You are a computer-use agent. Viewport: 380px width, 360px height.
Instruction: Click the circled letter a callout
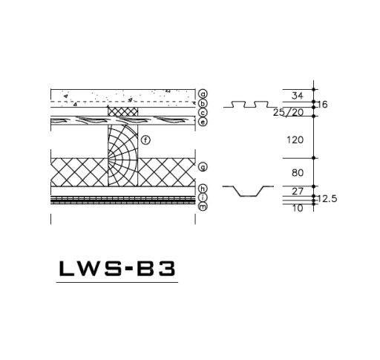203,94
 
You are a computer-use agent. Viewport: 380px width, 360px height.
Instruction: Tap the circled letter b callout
203,104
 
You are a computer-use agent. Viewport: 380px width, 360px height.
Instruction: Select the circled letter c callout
203,113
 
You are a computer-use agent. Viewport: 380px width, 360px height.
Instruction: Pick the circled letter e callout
203,122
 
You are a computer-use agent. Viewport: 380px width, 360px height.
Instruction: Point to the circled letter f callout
145,140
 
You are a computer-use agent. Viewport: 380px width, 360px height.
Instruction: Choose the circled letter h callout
203,189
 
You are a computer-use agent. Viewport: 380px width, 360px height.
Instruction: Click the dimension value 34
298,95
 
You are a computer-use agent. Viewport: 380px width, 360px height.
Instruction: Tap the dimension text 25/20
288,112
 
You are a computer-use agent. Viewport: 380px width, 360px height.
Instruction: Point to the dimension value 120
297,139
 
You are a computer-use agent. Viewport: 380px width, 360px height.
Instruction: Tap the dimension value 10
297,208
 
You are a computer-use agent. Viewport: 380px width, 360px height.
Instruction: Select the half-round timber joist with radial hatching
122,154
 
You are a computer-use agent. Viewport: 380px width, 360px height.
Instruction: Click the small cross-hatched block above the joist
123,111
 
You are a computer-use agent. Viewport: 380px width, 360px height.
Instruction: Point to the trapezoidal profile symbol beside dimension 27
244,192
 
